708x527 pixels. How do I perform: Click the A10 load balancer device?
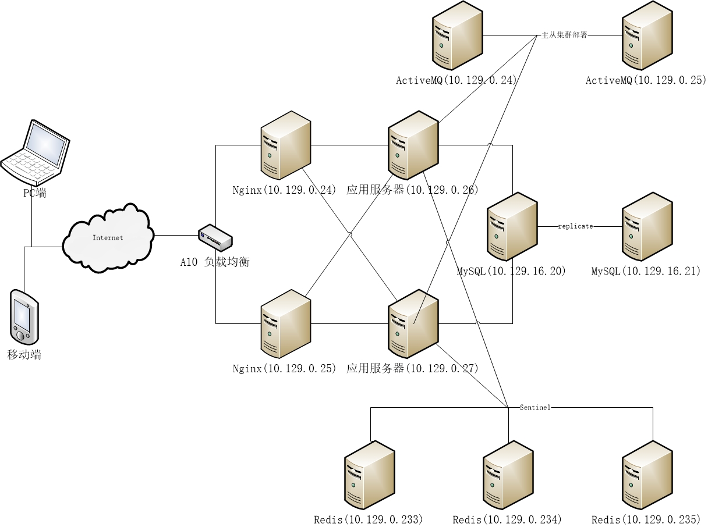click(215, 238)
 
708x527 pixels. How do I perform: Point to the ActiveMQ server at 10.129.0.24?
click(458, 36)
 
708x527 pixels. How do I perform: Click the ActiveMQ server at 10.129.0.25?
click(647, 36)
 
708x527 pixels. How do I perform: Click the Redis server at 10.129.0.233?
click(370, 476)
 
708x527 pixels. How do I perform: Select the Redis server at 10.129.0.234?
click(509, 476)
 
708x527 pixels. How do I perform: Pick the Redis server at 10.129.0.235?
click(647, 476)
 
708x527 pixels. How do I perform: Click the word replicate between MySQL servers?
click(575, 226)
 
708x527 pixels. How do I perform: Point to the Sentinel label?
click(535, 408)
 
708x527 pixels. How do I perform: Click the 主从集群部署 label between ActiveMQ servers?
click(564, 35)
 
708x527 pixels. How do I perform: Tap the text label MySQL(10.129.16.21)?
click(646, 272)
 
